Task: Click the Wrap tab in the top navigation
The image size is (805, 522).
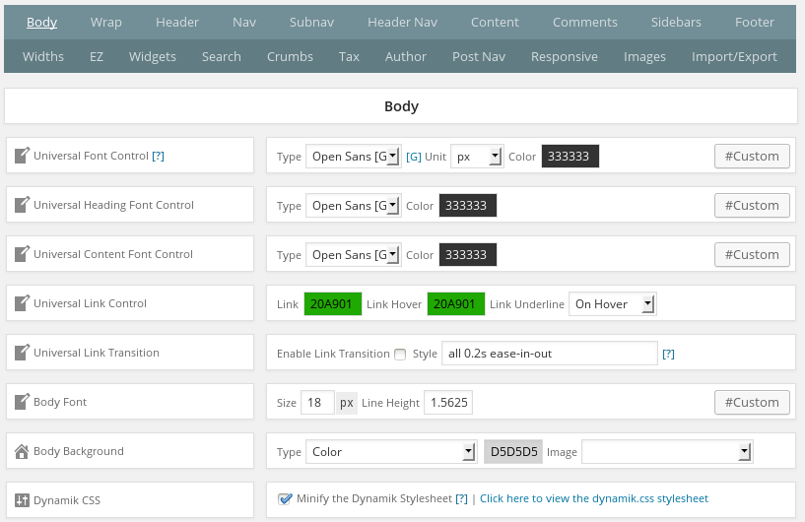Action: tap(105, 22)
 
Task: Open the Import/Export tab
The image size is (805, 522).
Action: tap(734, 56)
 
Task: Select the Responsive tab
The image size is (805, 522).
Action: tap(565, 56)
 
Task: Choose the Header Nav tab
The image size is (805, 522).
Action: tap(402, 22)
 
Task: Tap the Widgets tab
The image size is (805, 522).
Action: tap(153, 56)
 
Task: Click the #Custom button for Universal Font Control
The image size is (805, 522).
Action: tap(752, 156)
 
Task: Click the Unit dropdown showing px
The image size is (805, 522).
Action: tap(477, 156)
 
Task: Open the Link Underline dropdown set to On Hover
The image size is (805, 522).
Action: tap(613, 304)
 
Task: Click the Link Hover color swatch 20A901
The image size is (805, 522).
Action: tap(456, 304)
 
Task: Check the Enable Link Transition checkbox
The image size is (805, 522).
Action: tap(400, 355)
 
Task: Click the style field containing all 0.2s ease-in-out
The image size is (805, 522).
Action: tap(550, 354)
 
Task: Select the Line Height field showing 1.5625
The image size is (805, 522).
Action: tap(448, 403)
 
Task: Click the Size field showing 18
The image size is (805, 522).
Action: tap(317, 403)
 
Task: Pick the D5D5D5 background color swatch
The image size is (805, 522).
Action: tap(513, 452)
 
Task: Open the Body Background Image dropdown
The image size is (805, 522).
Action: tap(667, 452)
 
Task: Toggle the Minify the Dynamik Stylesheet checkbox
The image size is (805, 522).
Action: tap(285, 498)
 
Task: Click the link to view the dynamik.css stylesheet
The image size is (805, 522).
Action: tap(594, 498)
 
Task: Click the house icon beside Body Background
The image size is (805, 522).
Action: tap(22, 451)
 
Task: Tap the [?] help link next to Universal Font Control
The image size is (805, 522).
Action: tap(158, 156)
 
